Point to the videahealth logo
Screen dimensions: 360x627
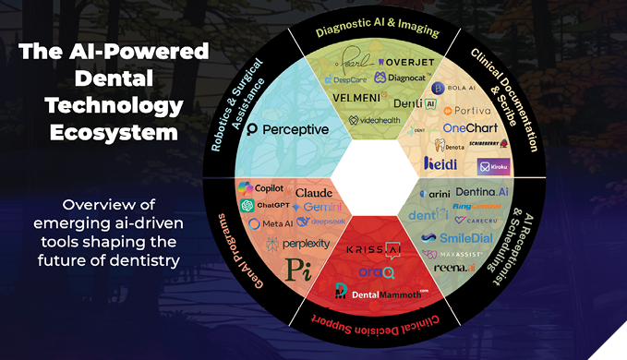tap(375, 121)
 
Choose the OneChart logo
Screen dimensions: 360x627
tap(470, 127)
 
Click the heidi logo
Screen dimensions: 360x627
tap(440, 163)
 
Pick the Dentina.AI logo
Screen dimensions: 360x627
tap(482, 191)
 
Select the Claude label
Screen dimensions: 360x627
tap(314, 191)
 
